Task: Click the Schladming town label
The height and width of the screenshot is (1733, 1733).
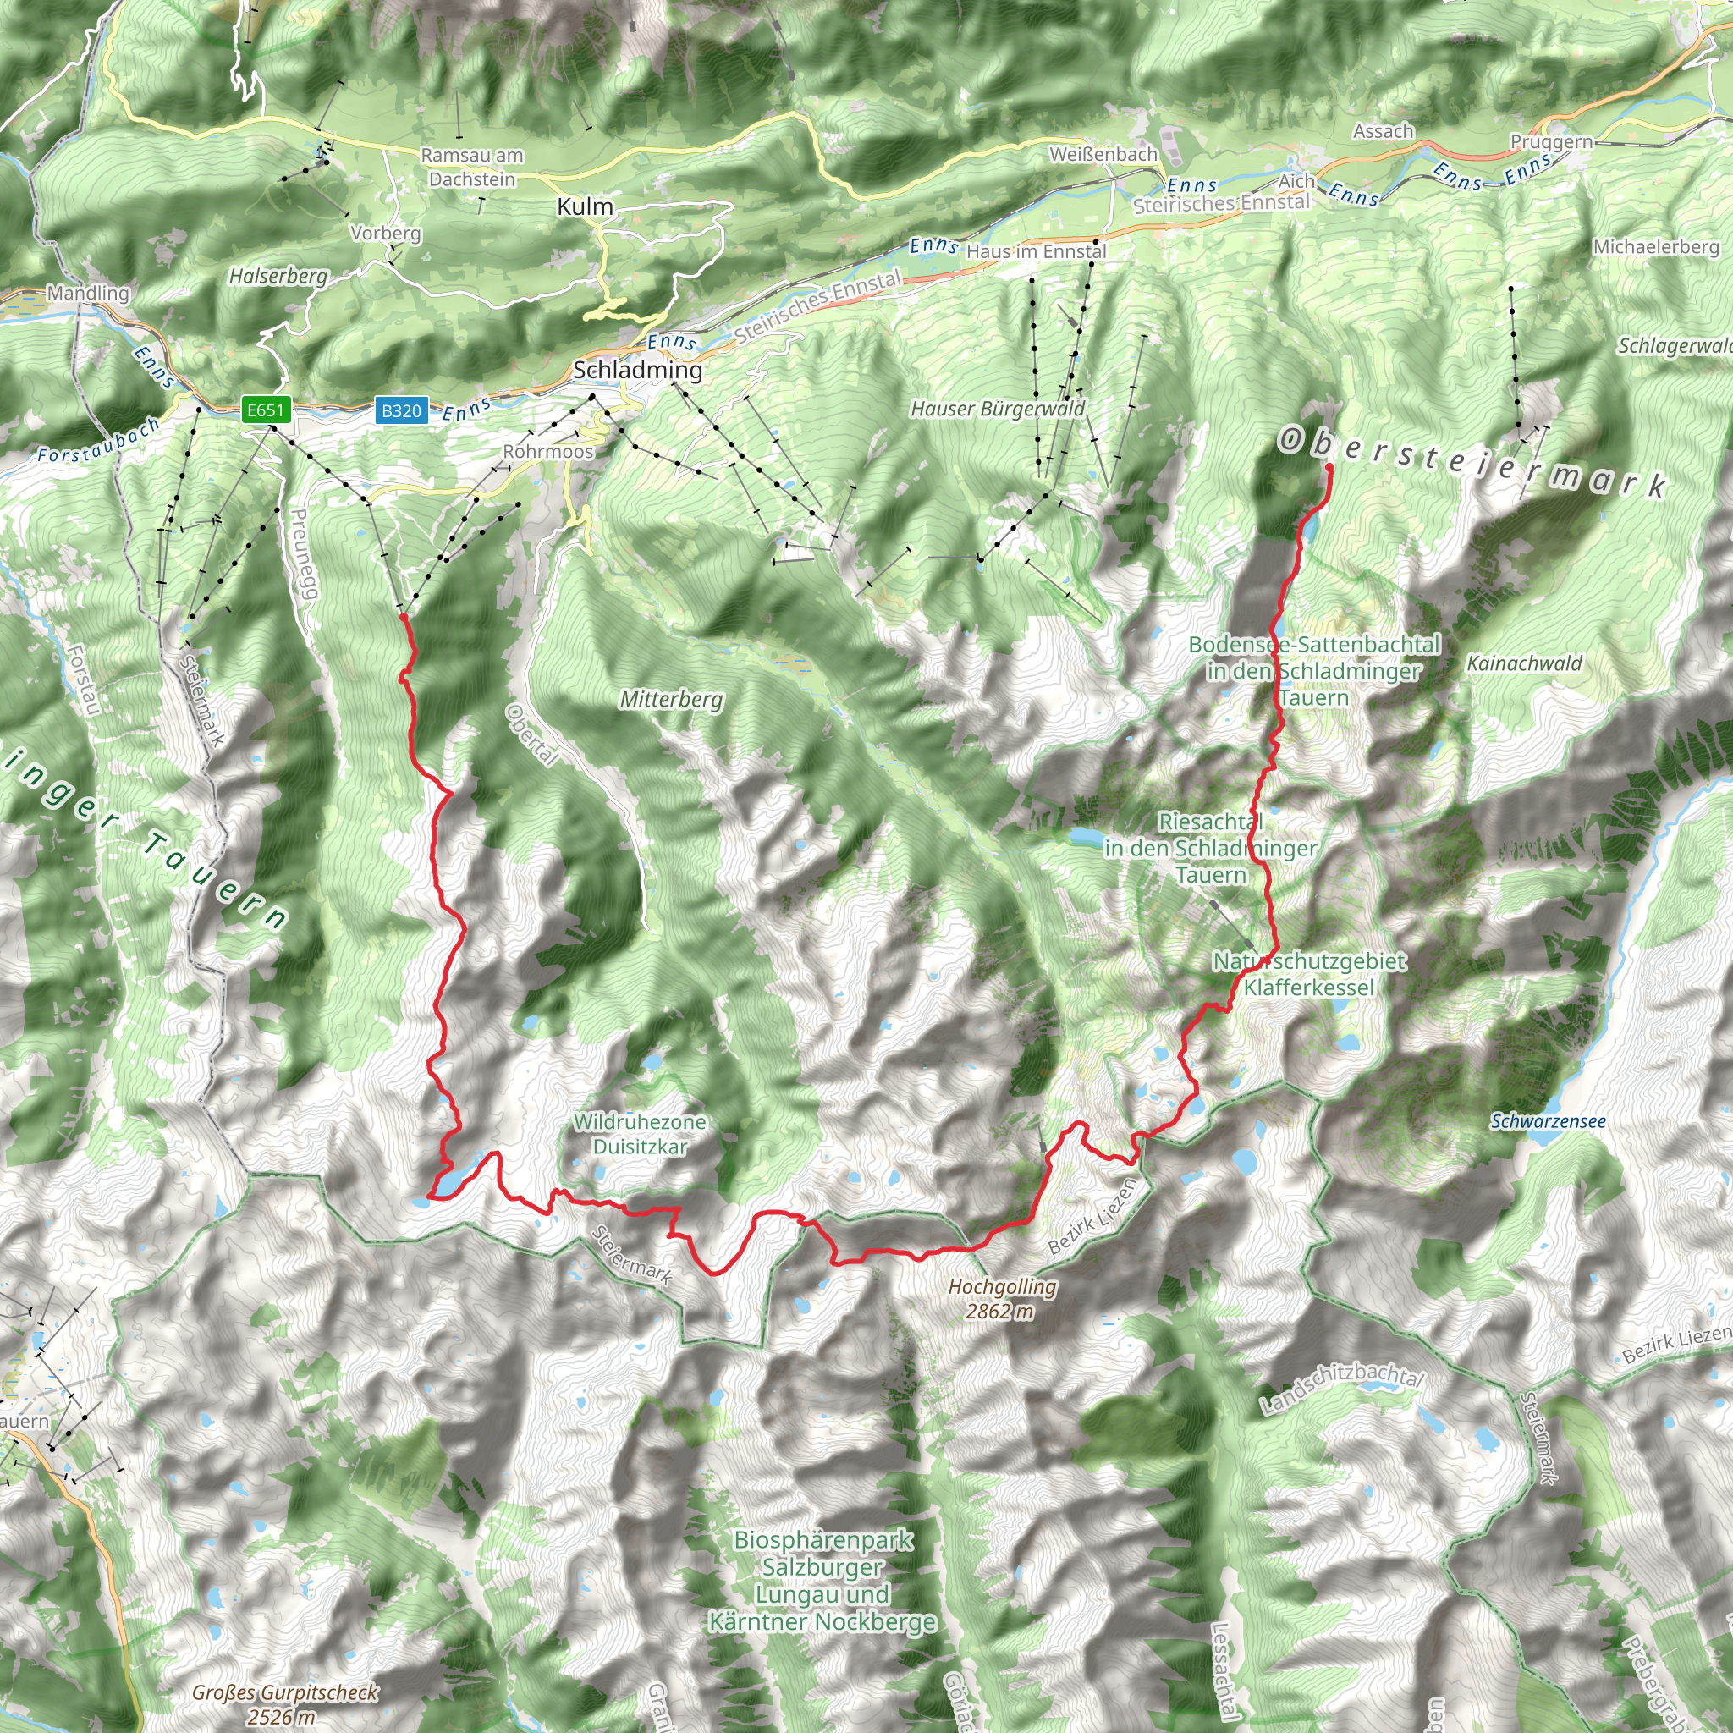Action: pos(638,370)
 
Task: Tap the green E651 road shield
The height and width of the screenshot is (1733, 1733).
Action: pos(265,410)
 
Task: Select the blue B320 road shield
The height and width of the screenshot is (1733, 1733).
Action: pos(401,410)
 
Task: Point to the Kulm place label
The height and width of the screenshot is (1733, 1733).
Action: pos(585,207)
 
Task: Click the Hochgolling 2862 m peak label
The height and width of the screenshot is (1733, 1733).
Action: pos(1002,1299)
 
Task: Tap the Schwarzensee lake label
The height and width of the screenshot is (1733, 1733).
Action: pos(1549,1121)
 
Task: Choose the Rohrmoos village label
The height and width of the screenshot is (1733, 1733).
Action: pos(548,451)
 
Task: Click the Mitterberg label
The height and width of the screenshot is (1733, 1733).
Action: pos(671,699)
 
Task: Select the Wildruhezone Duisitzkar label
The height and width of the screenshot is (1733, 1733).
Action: pos(640,1134)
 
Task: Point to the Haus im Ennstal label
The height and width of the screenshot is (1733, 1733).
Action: pos(1036,252)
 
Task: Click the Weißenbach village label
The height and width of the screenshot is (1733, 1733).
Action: pos(1103,154)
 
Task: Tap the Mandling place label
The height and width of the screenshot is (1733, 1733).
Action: pos(88,293)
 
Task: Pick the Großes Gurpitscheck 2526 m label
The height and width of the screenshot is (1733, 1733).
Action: pos(284,1704)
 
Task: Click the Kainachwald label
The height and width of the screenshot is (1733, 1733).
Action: pos(1524,663)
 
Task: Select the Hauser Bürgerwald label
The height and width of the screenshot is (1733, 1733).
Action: pos(998,409)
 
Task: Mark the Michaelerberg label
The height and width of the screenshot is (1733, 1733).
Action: pos(1656,247)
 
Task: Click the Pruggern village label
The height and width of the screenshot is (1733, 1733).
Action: pos(1552,141)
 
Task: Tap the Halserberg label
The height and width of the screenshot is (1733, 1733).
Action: pos(278,276)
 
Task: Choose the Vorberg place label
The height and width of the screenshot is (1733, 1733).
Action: pos(386,234)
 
